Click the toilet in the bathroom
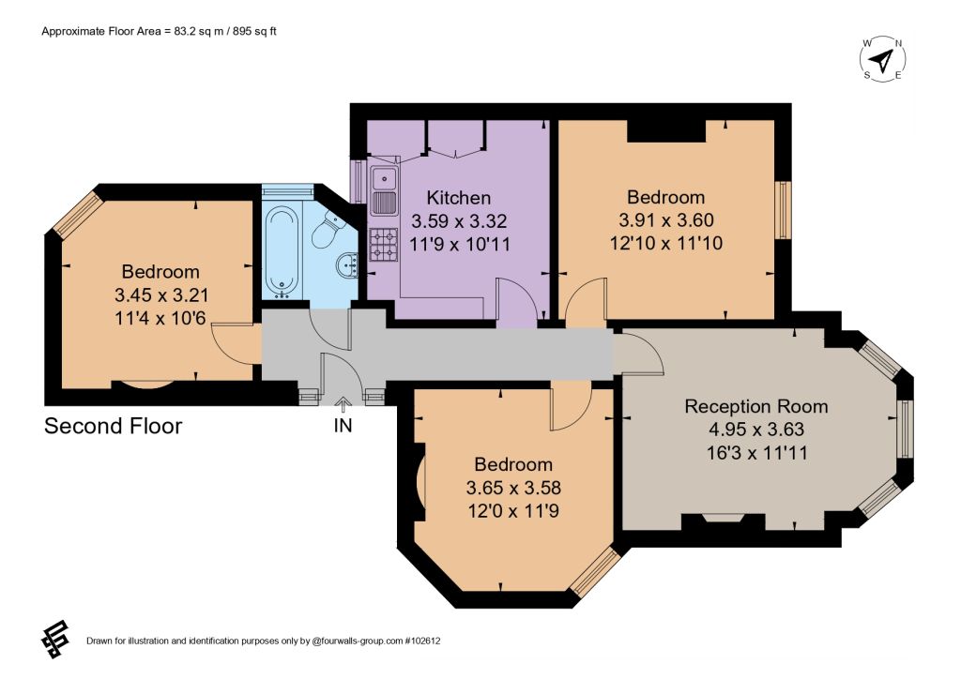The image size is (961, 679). tap(327, 229)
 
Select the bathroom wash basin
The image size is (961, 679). tap(347, 265)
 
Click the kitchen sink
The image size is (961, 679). tap(384, 189)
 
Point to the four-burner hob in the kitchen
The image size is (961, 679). tap(384, 243)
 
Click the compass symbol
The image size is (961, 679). tap(882, 59)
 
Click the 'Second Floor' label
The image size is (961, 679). tap(114, 426)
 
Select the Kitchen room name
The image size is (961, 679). tap(458, 198)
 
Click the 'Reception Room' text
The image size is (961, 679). tap(756, 406)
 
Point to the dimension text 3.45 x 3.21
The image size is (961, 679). tap(161, 295)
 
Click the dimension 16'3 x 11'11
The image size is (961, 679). tap(757, 453)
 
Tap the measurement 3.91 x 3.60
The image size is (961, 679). tap(666, 219)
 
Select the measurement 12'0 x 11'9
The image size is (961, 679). tap(513, 510)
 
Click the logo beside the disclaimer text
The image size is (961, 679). tap(55, 640)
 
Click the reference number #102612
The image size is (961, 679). tap(422, 641)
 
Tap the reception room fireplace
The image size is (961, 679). tap(724, 521)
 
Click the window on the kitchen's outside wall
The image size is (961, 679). tap(358, 181)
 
